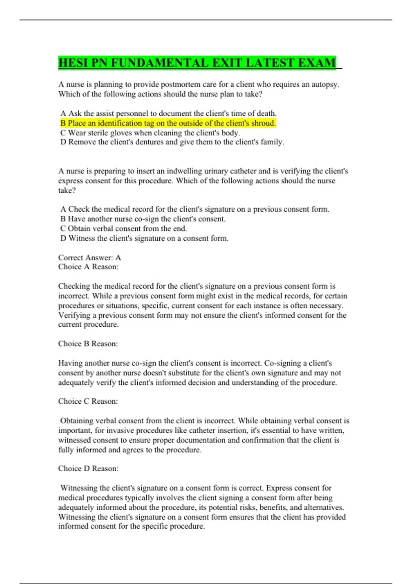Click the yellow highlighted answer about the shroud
click(x=168, y=123)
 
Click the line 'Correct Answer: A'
click(x=90, y=258)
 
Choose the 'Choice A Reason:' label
click(x=88, y=267)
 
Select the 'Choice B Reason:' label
click(x=88, y=344)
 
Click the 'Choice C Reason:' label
click(x=88, y=402)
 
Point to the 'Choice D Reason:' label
click(x=88, y=469)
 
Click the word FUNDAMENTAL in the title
click(x=159, y=63)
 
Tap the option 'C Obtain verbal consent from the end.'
click(x=124, y=229)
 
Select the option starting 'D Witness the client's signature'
click(x=144, y=238)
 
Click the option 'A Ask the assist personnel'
click(x=168, y=114)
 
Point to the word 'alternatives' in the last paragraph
click(x=323, y=507)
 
